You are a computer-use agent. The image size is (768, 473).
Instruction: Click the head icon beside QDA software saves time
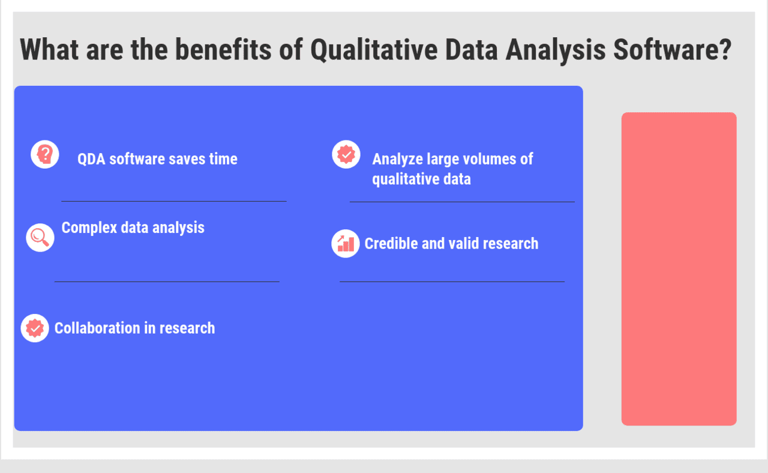coord(45,154)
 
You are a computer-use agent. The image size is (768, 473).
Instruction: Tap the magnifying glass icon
coord(40,237)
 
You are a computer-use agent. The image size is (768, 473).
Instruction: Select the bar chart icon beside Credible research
coord(346,243)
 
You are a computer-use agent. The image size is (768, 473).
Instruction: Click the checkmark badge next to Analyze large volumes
coord(346,154)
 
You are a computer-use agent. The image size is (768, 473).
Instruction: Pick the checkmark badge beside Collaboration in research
coord(35,328)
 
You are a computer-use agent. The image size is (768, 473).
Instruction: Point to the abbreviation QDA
coord(91,159)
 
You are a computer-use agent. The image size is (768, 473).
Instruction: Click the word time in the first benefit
coord(223,159)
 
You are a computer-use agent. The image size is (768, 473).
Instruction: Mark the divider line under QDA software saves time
coord(174,201)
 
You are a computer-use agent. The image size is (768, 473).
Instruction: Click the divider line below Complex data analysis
coord(167,281)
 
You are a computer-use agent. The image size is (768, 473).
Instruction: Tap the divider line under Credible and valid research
coord(452,281)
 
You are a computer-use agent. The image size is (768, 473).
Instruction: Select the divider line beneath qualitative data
coord(462,202)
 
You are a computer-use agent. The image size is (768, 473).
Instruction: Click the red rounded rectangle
coord(679,268)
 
